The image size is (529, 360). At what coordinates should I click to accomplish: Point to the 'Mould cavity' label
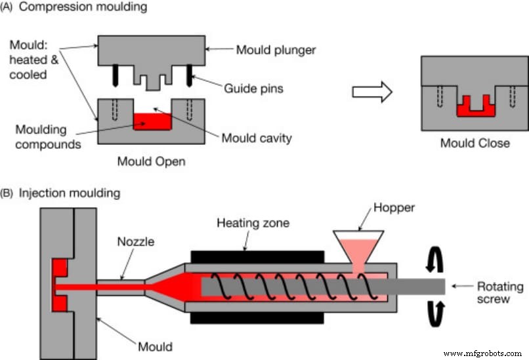coord(256,138)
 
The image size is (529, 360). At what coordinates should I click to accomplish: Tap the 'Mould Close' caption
coord(474,142)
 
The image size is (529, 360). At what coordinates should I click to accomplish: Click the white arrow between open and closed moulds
coord(371,91)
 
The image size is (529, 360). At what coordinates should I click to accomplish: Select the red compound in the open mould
coord(151,121)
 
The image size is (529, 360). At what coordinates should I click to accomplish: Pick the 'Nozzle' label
coord(137,241)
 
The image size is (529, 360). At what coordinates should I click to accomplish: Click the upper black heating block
coord(257,256)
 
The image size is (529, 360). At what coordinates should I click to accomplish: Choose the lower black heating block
coord(257,317)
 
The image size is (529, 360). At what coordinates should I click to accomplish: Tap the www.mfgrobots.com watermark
coord(482,353)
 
